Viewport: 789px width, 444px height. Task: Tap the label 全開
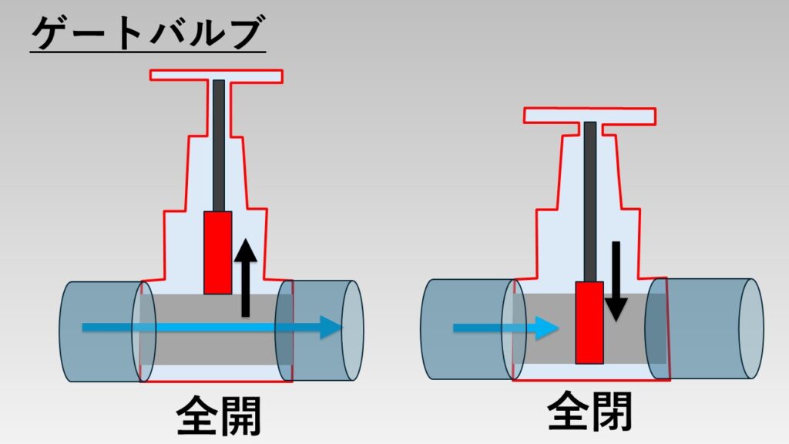pos(219,416)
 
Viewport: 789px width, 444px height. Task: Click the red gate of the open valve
pos(217,252)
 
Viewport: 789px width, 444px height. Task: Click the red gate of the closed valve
pos(589,322)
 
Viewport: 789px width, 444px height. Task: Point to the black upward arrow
pos(245,277)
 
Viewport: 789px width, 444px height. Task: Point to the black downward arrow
pos(616,281)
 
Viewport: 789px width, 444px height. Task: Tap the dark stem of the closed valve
pos(590,200)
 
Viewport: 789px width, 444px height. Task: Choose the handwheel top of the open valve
pos(217,76)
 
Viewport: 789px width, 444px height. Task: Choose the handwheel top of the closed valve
pos(589,116)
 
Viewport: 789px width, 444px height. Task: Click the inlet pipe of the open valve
pos(96,330)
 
